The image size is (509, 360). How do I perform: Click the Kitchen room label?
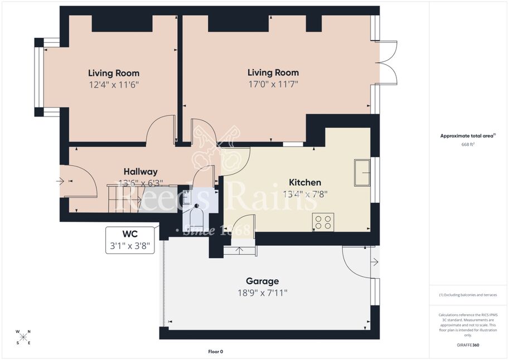pyautogui.click(x=305, y=182)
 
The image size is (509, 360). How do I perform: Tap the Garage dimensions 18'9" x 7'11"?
pyautogui.click(x=262, y=293)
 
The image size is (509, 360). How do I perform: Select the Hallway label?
pyautogui.click(x=140, y=172)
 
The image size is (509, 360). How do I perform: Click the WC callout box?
pyautogui.click(x=130, y=240)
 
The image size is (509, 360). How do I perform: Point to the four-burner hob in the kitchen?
pyautogui.click(x=323, y=222)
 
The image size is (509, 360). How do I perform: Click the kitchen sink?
pyautogui.click(x=362, y=173)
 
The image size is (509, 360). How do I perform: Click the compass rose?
pyautogui.click(x=23, y=337)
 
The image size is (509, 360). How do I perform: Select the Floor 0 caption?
pyautogui.click(x=216, y=352)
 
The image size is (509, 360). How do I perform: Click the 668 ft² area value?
pyautogui.click(x=468, y=144)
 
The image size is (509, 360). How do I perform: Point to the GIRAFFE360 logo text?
pyautogui.click(x=468, y=345)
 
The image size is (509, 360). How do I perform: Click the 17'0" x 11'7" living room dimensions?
pyautogui.click(x=273, y=84)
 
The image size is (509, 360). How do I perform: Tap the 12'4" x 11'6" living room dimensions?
pyautogui.click(x=114, y=85)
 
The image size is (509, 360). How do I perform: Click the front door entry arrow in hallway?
pyautogui.click(x=60, y=181)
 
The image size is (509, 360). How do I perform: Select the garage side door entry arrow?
pyautogui.click(x=375, y=262)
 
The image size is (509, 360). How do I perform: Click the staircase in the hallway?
pyautogui.click(x=124, y=198)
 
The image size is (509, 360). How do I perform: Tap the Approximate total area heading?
pyautogui.click(x=468, y=136)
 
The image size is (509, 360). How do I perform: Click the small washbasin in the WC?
pyautogui.click(x=187, y=197)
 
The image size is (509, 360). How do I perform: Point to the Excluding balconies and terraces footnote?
pyautogui.click(x=468, y=295)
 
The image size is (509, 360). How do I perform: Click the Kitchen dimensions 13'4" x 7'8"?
pyautogui.click(x=305, y=194)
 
